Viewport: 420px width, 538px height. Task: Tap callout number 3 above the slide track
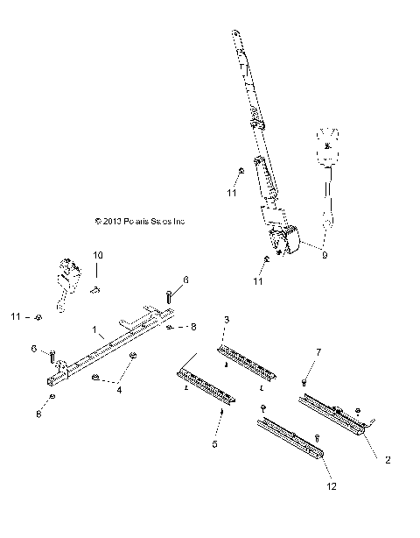(227, 319)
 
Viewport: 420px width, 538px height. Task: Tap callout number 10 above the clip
(98, 255)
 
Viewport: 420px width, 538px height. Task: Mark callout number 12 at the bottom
(330, 486)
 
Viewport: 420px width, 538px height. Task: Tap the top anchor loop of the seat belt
(235, 36)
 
